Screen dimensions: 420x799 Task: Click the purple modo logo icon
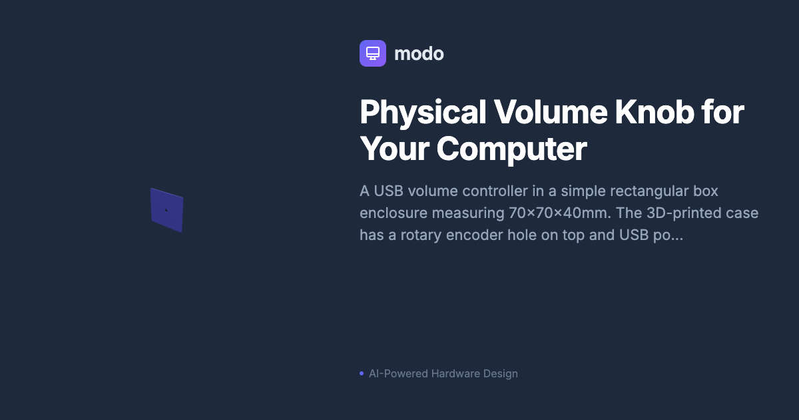tap(373, 53)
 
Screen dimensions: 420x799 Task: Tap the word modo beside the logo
tap(419, 53)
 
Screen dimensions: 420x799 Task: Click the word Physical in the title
tap(423, 113)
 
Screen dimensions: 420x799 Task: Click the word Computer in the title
tap(511, 149)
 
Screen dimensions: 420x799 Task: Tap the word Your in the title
tap(394, 149)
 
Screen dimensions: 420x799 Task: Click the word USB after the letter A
tap(388, 191)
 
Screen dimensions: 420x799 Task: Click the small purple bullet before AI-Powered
tap(362, 373)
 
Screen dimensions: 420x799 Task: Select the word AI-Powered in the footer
tap(398, 373)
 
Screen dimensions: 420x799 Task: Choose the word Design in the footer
tap(501, 373)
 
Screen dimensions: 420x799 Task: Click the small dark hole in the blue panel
tap(166, 210)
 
